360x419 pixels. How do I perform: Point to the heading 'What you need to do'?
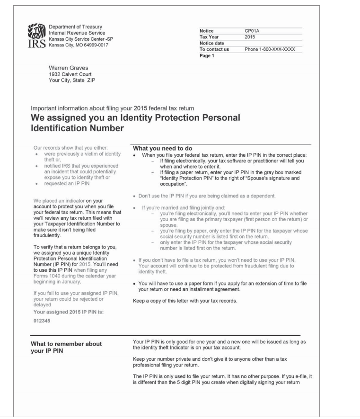pos(158,149)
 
